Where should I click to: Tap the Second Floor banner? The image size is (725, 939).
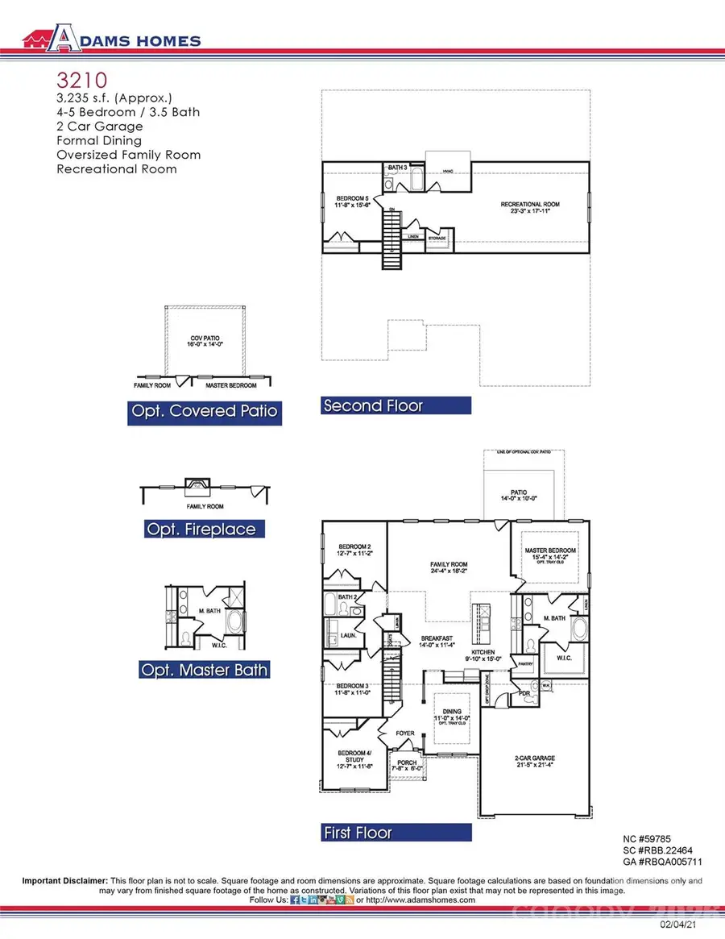pyautogui.click(x=372, y=406)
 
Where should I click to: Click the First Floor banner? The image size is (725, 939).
pyautogui.click(x=357, y=833)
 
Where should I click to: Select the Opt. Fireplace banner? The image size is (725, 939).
pyautogui.click(x=201, y=530)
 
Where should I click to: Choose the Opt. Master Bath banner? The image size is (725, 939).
pyautogui.click(x=204, y=670)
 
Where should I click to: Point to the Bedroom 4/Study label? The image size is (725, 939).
pyautogui.click(x=354, y=755)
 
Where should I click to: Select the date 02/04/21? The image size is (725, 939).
pyautogui.click(x=677, y=929)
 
